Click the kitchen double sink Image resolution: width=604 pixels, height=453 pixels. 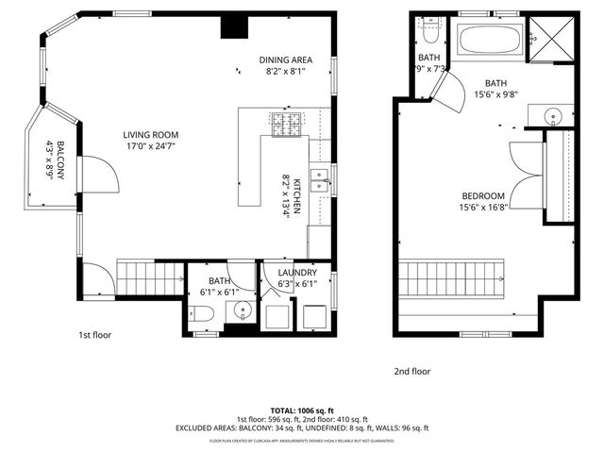pyautogui.click(x=320, y=178)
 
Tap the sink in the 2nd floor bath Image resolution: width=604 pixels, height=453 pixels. pyautogui.click(x=554, y=117)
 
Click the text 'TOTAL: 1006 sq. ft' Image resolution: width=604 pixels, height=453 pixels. pyautogui.click(x=301, y=411)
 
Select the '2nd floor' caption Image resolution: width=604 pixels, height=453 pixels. pyautogui.click(x=411, y=371)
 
